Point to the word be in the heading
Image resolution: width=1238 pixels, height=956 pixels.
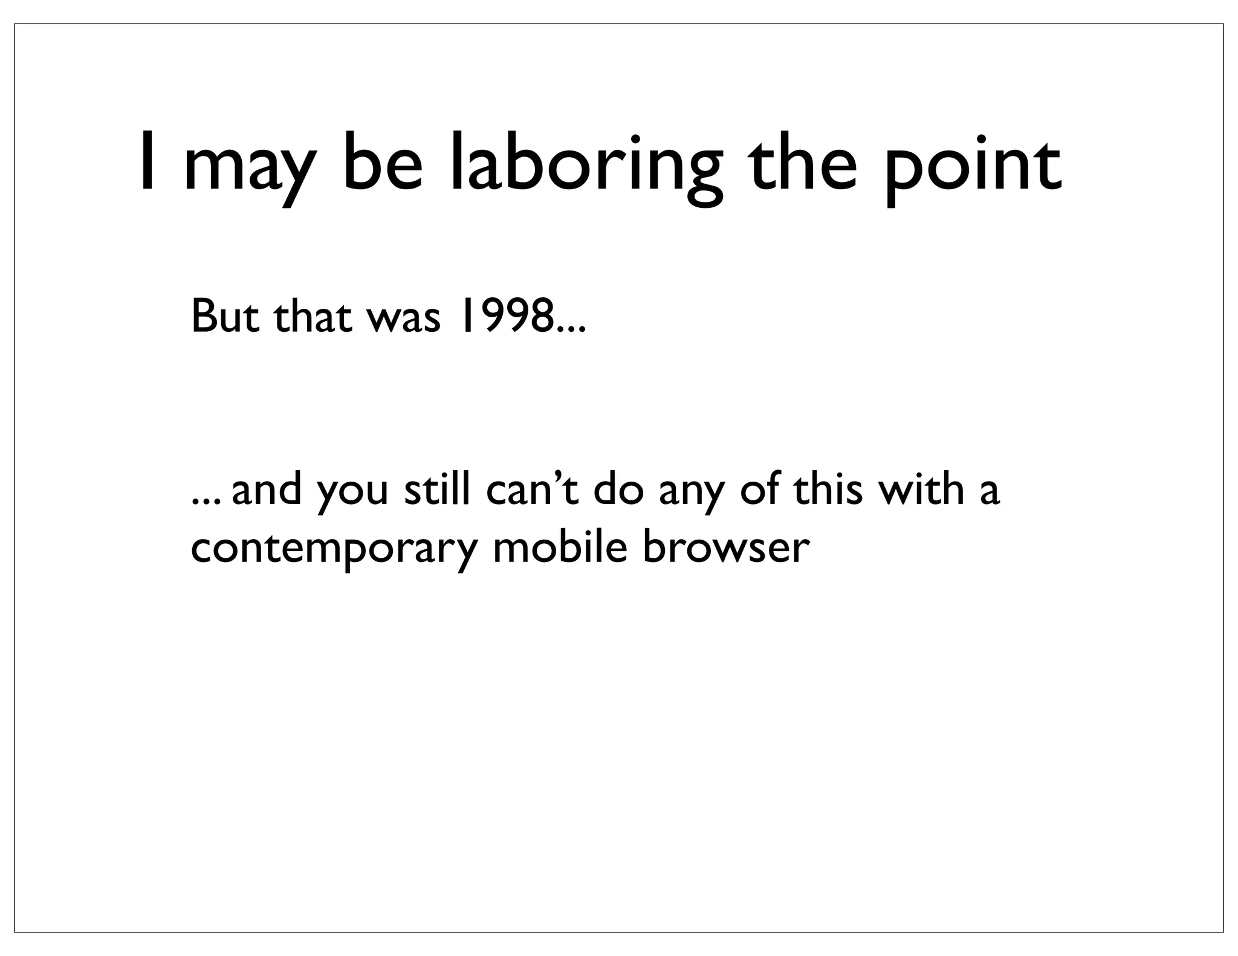coord(383,162)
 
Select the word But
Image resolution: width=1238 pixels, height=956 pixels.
coord(226,317)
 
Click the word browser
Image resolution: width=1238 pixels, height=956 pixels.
coord(725,546)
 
